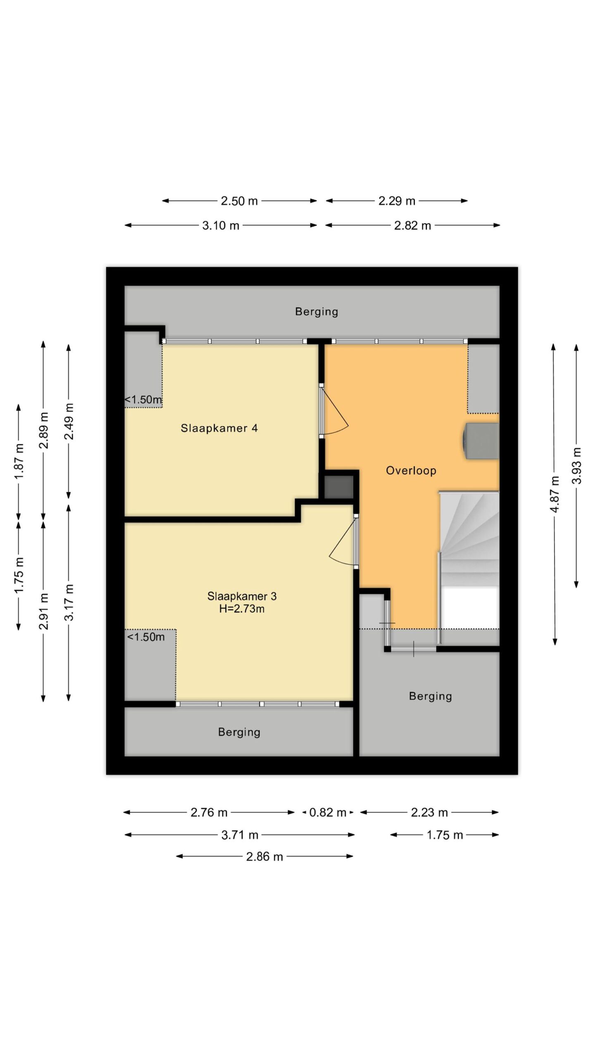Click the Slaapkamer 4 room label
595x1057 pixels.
click(219, 428)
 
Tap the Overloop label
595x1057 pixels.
click(411, 471)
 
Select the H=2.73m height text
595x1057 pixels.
click(242, 609)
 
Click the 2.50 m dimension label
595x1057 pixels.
click(239, 201)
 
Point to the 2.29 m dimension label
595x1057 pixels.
click(397, 201)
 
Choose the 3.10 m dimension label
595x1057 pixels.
click(221, 225)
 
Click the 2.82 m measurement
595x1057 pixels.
click(412, 225)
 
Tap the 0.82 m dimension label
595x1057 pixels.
click(327, 813)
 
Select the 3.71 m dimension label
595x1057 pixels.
click(240, 835)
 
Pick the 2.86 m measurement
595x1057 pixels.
click(264, 857)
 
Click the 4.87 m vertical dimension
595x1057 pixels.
click(555, 494)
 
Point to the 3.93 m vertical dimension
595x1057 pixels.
click(577, 465)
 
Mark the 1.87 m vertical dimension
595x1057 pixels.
click(19, 461)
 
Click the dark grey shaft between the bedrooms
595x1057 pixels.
click(339, 487)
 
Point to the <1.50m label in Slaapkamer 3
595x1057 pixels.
click(145, 637)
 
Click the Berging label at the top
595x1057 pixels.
click(317, 312)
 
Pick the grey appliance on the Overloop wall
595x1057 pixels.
click(481, 441)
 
